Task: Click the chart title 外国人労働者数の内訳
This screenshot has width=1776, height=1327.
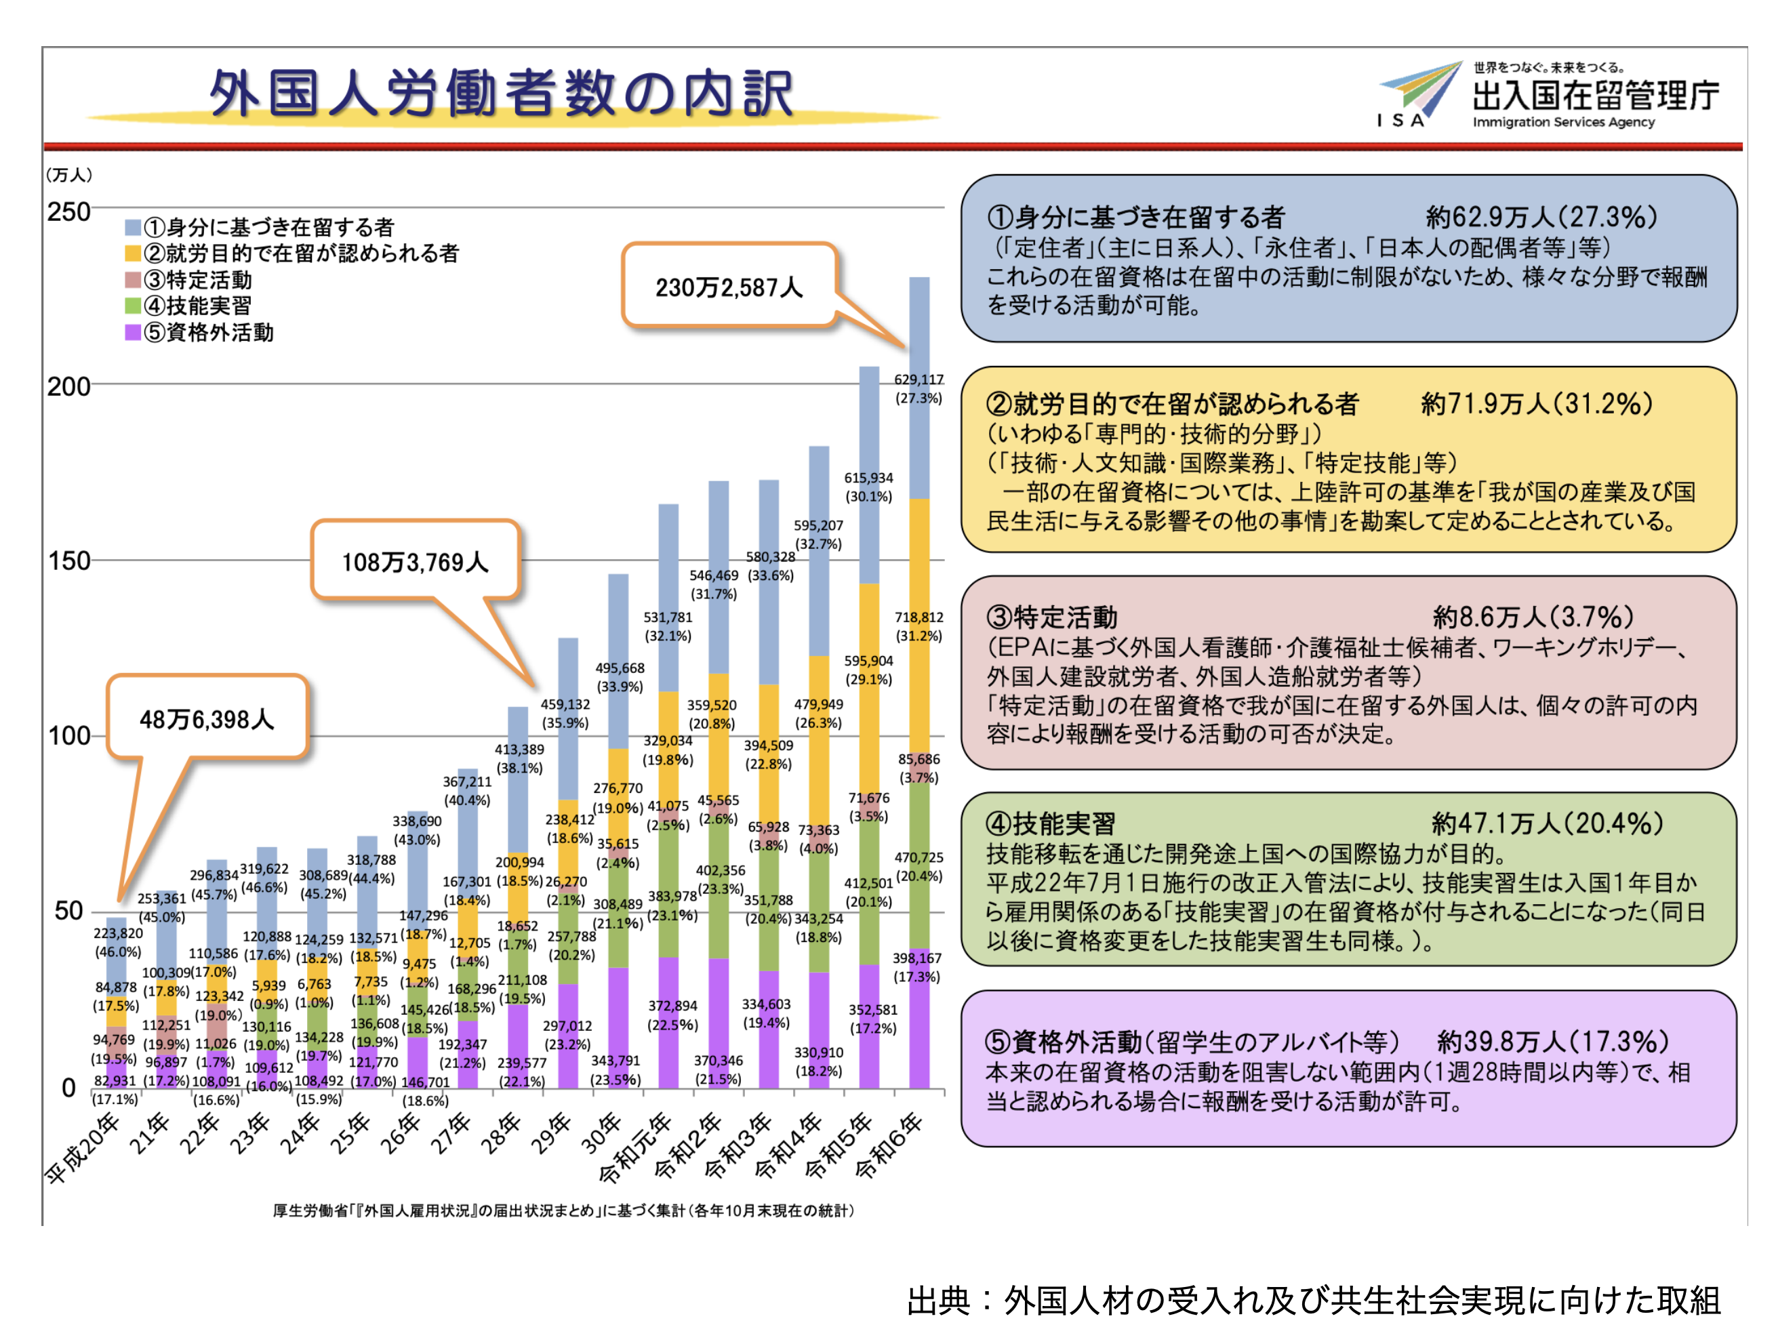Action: [x=502, y=92]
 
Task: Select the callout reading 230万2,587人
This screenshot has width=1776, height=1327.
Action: [x=729, y=287]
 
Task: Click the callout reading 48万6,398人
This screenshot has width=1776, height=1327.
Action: [x=207, y=718]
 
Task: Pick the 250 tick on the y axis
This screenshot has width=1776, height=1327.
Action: [x=68, y=212]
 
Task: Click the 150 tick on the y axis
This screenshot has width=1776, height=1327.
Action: [x=68, y=560]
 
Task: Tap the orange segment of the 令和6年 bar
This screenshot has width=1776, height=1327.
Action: [x=919, y=626]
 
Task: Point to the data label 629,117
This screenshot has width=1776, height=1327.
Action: [x=919, y=380]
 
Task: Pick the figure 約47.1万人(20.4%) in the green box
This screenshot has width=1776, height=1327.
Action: [x=1546, y=823]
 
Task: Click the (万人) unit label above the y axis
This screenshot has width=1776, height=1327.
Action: [x=69, y=174]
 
